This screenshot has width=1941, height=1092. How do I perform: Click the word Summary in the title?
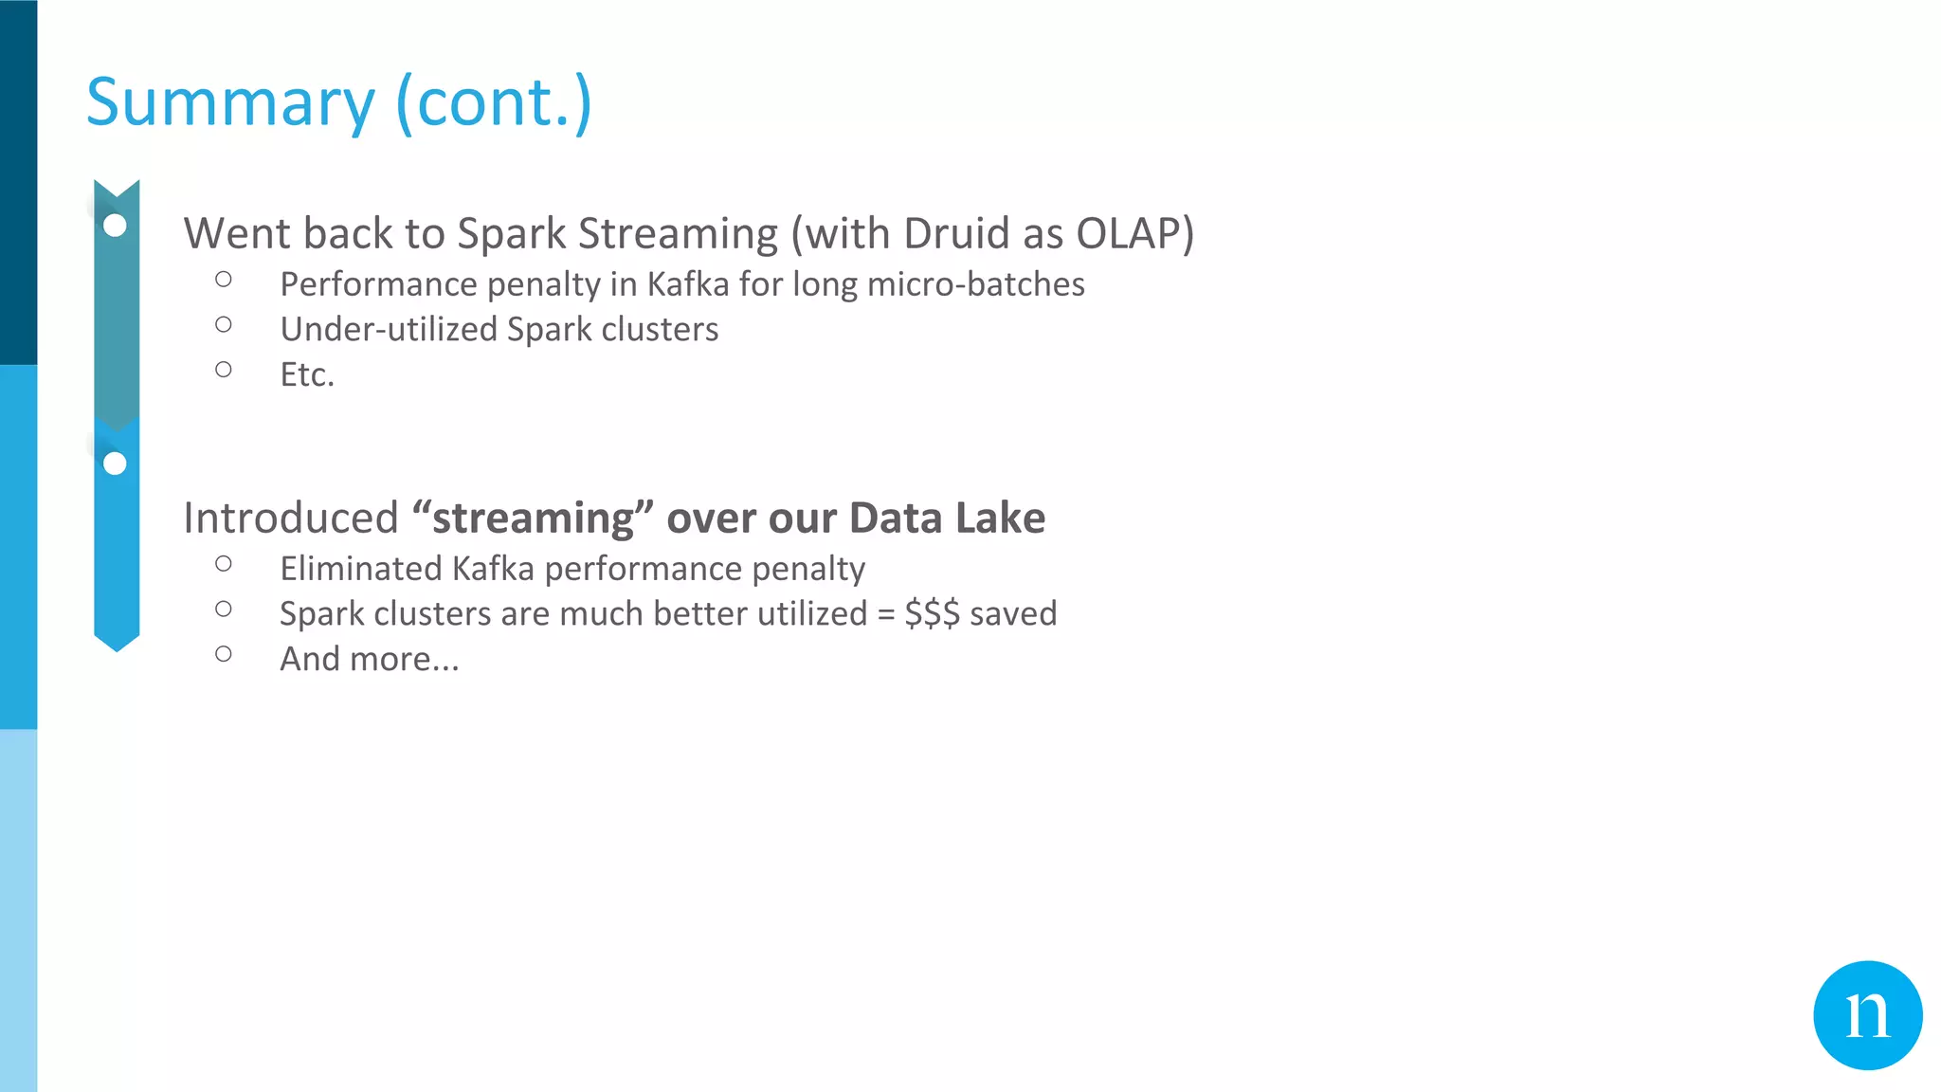coord(230,102)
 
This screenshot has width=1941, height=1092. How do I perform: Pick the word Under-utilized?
coord(388,330)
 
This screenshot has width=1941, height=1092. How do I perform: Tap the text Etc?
coord(307,375)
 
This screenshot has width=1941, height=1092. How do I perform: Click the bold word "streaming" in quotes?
coord(533,519)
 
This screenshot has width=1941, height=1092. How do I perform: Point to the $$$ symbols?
coord(932,614)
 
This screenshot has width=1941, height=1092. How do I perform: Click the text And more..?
coord(369,660)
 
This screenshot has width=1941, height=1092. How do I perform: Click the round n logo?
coord(1867,1015)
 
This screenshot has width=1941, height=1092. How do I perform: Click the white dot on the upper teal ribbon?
coord(115,226)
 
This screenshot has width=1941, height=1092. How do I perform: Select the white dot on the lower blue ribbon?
coord(115,464)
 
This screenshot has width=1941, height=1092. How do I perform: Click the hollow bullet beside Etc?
coord(224,370)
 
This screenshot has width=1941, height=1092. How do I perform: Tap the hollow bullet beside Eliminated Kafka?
coord(224,564)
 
